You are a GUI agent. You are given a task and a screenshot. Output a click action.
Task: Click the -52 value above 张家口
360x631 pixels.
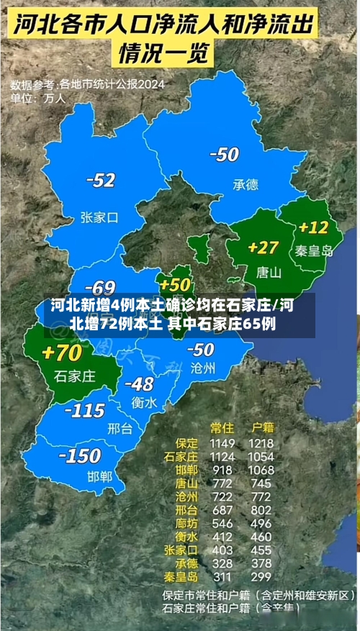pyautogui.click(x=100, y=181)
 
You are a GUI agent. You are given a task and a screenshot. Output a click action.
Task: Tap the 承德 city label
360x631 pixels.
pyautogui.click(x=245, y=184)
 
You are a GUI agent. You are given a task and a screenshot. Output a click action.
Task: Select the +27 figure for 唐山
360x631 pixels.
pyautogui.click(x=263, y=248)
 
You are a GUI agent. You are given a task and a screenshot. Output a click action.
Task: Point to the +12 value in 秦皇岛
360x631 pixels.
pyautogui.click(x=313, y=227)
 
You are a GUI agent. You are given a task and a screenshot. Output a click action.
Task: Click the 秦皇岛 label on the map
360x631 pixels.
pyautogui.click(x=315, y=251)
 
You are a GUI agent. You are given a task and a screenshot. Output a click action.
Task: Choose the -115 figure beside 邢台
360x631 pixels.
pyautogui.click(x=84, y=411)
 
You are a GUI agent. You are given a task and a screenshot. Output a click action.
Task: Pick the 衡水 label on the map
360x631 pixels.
pyautogui.click(x=144, y=403)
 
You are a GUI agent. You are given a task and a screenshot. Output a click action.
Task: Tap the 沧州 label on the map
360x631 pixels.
pyautogui.click(x=202, y=368)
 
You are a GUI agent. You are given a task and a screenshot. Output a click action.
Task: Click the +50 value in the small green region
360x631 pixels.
pyautogui.click(x=175, y=284)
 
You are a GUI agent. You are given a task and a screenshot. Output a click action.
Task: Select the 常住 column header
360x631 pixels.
pyautogui.click(x=222, y=427)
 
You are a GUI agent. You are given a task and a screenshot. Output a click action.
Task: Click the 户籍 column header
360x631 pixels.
pyautogui.click(x=261, y=427)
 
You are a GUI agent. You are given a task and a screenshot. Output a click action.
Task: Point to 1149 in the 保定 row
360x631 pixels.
pyautogui.click(x=222, y=443)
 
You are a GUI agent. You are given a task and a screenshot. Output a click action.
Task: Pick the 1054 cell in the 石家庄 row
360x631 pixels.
pyautogui.click(x=261, y=456)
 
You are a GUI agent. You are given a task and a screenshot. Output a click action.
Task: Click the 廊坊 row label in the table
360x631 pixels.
pyautogui.click(x=186, y=523)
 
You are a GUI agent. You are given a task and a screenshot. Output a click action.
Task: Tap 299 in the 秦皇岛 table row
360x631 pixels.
pyautogui.click(x=261, y=576)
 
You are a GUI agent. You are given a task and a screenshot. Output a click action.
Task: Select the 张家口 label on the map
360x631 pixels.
pyautogui.click(x=99, y=216)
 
